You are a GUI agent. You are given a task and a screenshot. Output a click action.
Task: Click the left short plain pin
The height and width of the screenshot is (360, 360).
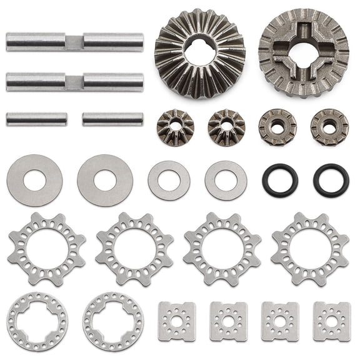point(37,119)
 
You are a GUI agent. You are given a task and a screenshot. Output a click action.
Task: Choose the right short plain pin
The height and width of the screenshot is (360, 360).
point(112,119)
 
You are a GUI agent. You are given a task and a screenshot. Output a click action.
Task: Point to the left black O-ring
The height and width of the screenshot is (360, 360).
point(280,180)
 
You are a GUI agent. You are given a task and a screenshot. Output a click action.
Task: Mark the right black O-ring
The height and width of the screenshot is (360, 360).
point(331,180)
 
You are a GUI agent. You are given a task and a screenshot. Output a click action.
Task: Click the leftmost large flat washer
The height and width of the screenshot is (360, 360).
point(34,180)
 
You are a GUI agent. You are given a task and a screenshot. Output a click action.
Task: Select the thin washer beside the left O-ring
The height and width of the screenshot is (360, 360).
point(226,180)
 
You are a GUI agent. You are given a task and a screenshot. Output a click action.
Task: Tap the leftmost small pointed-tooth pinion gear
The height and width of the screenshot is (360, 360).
point(175,127)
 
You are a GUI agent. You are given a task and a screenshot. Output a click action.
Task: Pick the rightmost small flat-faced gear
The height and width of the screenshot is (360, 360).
point(329,127)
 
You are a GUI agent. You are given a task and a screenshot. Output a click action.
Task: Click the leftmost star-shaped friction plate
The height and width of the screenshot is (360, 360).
point(47,249)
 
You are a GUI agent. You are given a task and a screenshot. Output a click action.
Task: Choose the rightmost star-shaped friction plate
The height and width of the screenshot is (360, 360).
point(310,249)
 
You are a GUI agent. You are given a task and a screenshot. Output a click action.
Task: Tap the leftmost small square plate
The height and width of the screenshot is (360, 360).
point(177,321)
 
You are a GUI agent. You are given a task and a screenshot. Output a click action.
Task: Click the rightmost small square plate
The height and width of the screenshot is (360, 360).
point(331,321)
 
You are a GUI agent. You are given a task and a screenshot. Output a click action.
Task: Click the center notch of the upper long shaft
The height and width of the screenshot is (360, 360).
point(74,42)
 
